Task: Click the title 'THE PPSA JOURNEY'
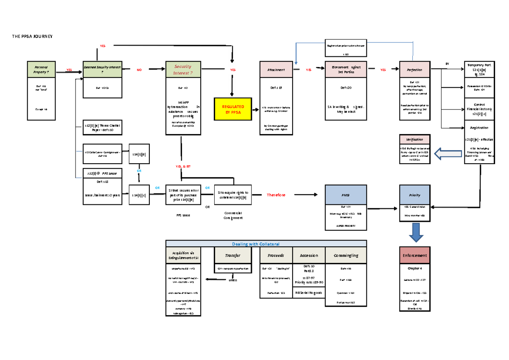tap(32, 36)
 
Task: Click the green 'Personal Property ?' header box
tap(41, 70)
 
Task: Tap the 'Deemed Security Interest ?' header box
tap(102, 70)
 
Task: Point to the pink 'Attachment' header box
tap(276, 70)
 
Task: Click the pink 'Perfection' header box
tap(414, 70)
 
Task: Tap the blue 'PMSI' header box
tap(345, 195)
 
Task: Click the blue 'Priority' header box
tap(414, 195)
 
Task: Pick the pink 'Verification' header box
tap(414, 139)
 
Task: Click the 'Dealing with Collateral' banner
tap(266, 243)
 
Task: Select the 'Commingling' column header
tap(346, 255)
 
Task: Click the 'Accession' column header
tap(309, 255)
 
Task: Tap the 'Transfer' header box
tap(232, 255)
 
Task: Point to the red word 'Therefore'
tap(276, 195)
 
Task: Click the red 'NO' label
tap(139, 70)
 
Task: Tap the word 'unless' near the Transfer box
tap(232, 280)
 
